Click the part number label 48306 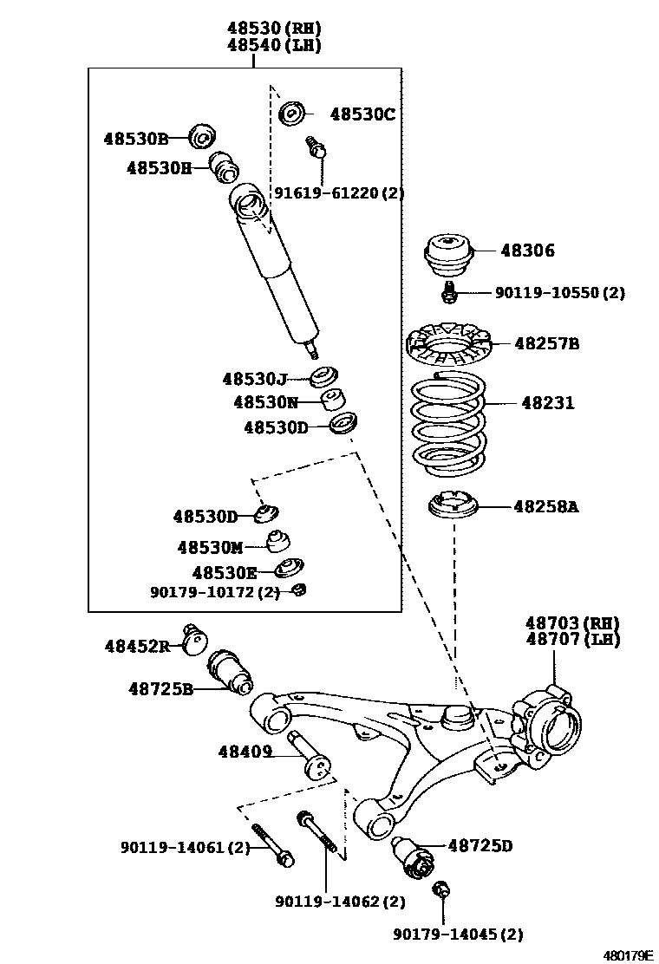click(527, 251)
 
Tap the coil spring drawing click(447, 420)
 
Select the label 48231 click(547, 403)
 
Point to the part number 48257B click(546, 343)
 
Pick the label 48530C click(362, 114)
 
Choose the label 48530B click(136, 138)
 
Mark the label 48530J click(254, 379)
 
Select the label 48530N click(265, 402)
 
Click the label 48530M click(210, 547)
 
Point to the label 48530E click(225, 572)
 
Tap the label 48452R click(137, 646)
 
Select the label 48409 click(245, 753)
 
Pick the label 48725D click(480, 845)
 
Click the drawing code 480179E click(628, 954)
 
